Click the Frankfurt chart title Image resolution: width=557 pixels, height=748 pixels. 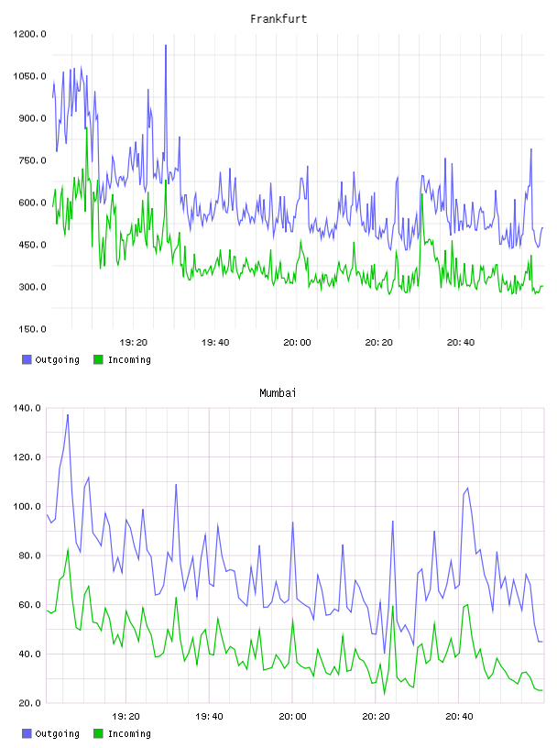pyautogui.click(x=278, y=18)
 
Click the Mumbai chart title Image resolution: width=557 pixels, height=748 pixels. pyautogui.click(x=278, y=392)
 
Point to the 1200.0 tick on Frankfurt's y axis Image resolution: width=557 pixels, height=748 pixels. pyautogui.click(x=29, y=34)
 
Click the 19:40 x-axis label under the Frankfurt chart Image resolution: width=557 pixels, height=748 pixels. pyautogui.click(x=215, y=342)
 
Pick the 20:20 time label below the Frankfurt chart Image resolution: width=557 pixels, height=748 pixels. pyautogui.click(x=378, y=342)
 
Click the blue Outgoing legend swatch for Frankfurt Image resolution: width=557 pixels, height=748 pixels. pyautogui.click(x=27, y=359)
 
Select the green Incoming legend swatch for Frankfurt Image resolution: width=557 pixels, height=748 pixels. pyautogui.click(x=98, y=359)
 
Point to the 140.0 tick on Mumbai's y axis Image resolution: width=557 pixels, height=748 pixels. pyautogui.click(x=27, y=408)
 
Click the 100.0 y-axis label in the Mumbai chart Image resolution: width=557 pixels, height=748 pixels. pyautogui.click(x=27, y=506)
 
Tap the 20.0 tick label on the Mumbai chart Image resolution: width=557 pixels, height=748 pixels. pyautogui.click(x=29, y=703)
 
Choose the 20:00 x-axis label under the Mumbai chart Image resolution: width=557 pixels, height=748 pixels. pyautogui.click(x=292, y=716)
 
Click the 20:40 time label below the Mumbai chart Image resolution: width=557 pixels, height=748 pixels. pyautogui.click(x=459, y=716)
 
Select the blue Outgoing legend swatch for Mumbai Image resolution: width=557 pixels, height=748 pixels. pyautogui.click(x=27, y=733)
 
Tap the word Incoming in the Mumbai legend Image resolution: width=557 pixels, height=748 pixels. pyautogui.click(x=129, y=733)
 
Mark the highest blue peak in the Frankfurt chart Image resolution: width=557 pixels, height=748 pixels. pyautogui.click(x=166, y=45)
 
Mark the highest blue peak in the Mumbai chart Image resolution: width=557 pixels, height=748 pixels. pyautogui.click(x=68, y=414)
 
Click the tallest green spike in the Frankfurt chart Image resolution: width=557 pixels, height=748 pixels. pyautogui.click(x=86, y=128)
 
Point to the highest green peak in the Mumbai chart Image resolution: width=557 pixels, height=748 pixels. pyautogui.click(x=68, y=549)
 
